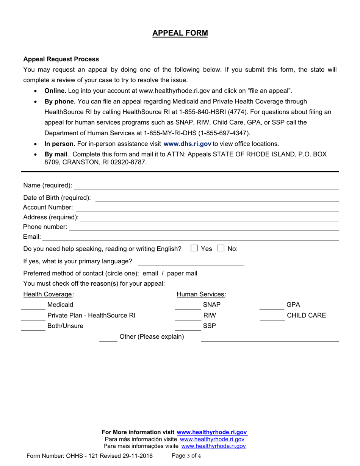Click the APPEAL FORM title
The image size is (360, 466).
pyautogui.click(x=180, y=33)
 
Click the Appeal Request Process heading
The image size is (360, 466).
pyautogui.click(x=61, y=59)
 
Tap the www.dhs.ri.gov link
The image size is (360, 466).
pyautogui.click(x=187, y=144)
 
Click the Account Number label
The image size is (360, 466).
pyautogui.click(x=48, y=208)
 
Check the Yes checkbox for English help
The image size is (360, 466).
pyautogui.click(x=194, y=249)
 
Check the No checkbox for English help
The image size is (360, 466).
pyautogui.click(x=221, y=249)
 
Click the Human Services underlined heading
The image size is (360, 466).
pyautogui.click(x=201, y=294)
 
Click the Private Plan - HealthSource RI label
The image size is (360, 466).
pyautogui.click(x=91, y=316)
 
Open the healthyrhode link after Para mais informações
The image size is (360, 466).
pyautogui.click(x=214, y=446)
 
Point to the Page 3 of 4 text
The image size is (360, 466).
pyautogui.click(x=186, y=456)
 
